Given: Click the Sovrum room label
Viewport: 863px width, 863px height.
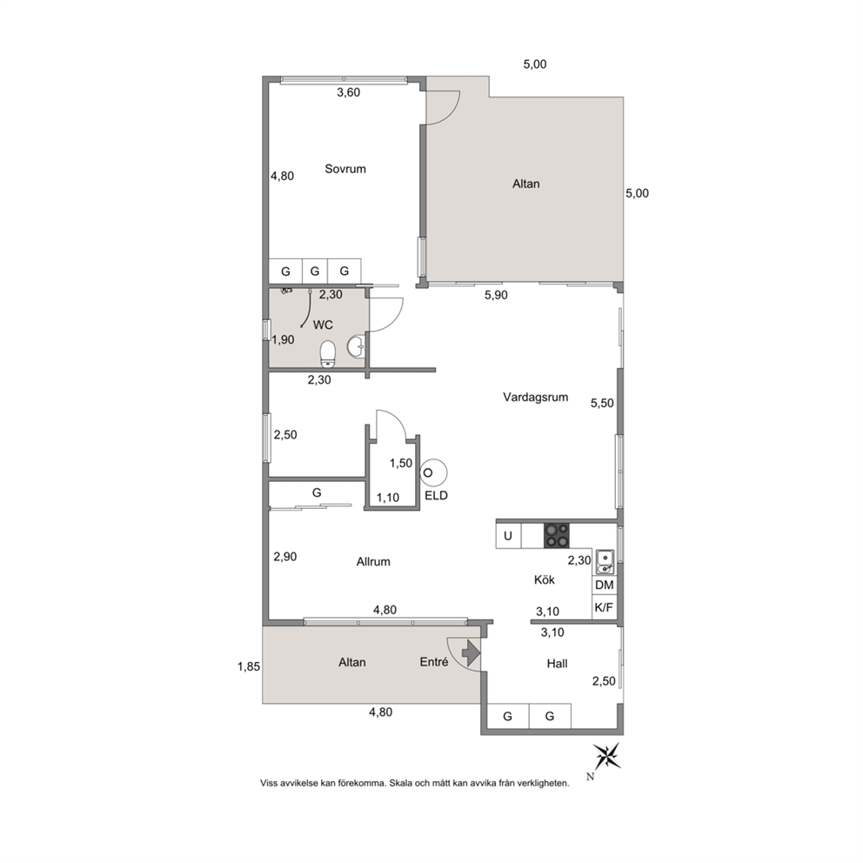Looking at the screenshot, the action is [x=345, y=169].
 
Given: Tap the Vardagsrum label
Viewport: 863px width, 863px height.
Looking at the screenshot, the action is [x=536, y=398].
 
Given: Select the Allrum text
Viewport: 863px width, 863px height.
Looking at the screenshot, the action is [x=373, y=562].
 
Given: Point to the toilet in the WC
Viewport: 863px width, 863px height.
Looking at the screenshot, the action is [x=328, y=354].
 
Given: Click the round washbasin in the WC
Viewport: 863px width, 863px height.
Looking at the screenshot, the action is [x=356, y=345].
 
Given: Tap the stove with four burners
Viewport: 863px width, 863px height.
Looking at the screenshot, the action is [x=557, y=536].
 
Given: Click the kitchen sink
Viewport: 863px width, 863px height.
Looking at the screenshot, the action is [x=605, y=561].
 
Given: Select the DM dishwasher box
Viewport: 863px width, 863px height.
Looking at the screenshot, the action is [x=605, y=585].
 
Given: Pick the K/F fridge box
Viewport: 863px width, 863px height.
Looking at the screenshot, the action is [x=605, y=607].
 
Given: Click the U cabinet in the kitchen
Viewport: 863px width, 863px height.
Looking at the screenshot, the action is [x=509, y=536].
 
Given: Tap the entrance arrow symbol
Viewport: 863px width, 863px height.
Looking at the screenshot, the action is [x=472, y=653].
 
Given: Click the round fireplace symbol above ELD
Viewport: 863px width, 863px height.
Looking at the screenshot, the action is [x=433, y=472].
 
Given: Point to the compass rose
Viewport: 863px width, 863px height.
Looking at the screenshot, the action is [x=606, y=756].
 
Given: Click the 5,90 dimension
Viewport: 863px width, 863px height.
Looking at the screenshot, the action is [x=496, y=296].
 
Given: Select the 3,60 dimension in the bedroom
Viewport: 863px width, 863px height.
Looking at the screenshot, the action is [x=348, y=92].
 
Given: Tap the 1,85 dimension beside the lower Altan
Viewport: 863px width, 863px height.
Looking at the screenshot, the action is [x=249, y=667].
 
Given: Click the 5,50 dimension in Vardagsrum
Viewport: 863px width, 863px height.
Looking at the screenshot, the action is [x=602, y=404].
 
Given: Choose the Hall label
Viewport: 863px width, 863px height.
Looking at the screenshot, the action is [x=557, y=664].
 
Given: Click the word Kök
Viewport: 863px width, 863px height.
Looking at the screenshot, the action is [x=545, y=580].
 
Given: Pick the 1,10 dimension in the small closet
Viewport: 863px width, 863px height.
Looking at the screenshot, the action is [x=388, y=498].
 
